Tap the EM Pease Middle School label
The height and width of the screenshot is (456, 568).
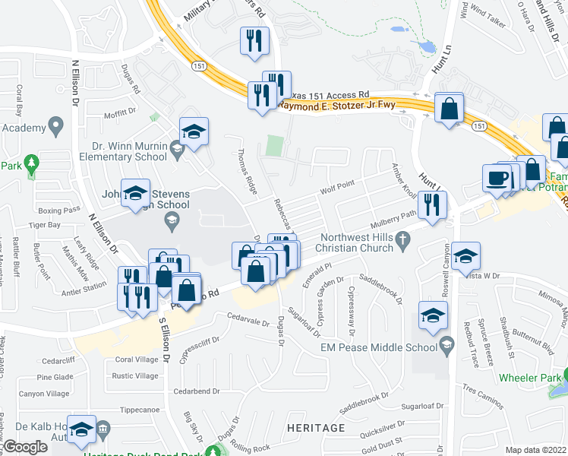[x=385, y=347]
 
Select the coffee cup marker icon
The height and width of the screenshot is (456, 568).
[x=497, y=178]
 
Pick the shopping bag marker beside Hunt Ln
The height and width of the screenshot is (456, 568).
[x=450, y=107]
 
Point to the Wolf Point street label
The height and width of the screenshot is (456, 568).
[x=337, y=186]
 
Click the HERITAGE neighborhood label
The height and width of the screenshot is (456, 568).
[x=317, y=429]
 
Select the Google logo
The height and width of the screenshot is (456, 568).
[x=25, y=447]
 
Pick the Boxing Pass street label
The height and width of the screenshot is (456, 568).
[x=59, y=210]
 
